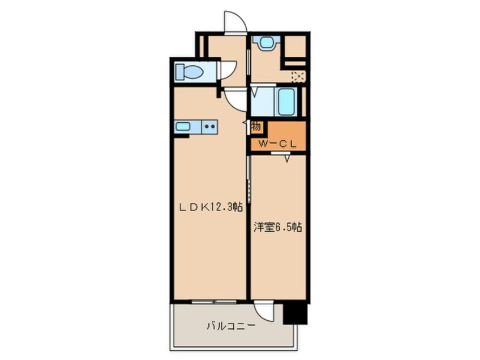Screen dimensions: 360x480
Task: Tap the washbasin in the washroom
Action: (264, 42)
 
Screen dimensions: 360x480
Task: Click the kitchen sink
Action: (183, 127)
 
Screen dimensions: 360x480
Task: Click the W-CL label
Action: (278, 144)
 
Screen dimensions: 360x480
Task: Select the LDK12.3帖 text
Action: (211, 207)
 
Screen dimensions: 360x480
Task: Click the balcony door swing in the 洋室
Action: (264, 310)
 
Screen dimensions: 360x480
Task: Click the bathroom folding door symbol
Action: (255, 93)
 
